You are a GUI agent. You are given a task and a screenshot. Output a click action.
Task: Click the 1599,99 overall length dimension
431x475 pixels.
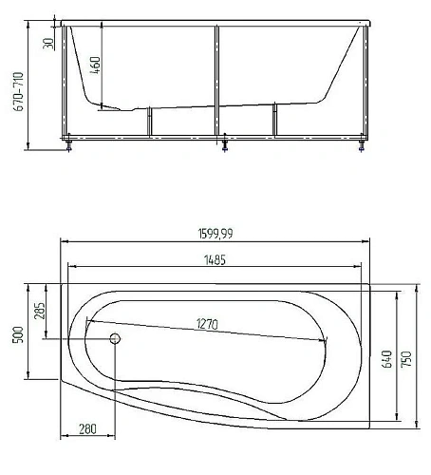click(x=215, y=234)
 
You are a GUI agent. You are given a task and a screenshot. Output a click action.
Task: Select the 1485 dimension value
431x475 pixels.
click(x=215, y=260)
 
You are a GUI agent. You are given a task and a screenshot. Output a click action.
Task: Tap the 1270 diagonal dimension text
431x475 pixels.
click(x=207, y=324)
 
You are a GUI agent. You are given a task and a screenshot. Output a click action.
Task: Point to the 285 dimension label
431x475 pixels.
click(x=39, y=311)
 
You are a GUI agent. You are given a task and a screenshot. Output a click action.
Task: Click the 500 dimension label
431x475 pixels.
click(x=18, y=334)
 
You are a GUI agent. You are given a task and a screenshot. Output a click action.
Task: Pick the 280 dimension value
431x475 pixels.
click(x=87, y=429)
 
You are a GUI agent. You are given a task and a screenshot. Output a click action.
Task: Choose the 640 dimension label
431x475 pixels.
click(x=386, y=359)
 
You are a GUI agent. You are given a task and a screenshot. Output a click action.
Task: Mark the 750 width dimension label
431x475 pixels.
click(x=406, y=359)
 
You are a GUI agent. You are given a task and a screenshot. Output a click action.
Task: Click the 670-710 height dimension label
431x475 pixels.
click(x=18, y=91)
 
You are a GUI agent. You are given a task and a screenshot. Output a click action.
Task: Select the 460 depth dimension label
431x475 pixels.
click(x=95, y=66)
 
